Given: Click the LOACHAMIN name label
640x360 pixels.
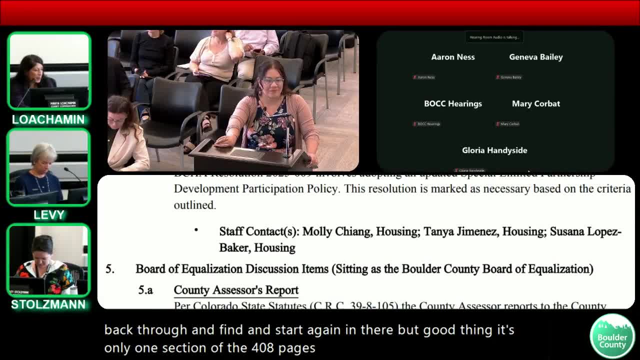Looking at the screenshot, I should [x=48, y=119].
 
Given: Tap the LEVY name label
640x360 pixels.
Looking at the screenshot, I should [x=49, y=215].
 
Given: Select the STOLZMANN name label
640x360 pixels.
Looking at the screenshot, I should [x=48, y=304].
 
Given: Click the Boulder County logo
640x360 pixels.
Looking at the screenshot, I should [x=612, y=336].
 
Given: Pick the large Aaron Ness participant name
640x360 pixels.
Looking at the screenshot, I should [x=453, y=57].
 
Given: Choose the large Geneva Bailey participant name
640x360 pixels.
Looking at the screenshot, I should [x=535, y=57].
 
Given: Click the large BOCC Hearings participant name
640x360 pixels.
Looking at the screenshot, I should [x=453, y=103].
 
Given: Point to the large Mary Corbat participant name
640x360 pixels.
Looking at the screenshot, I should [x=535, y=103].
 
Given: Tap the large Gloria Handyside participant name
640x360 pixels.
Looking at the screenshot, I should [x=494, y=150].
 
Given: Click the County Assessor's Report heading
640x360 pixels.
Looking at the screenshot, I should [x=236, y=290].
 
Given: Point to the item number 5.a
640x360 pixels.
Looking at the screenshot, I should [x=145, y=290].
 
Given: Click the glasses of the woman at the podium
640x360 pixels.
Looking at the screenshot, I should [x=273, y=80].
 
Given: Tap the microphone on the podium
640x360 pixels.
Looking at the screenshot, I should [x=287, y=135].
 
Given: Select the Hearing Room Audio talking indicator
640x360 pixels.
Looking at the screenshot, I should [x=494, y=37].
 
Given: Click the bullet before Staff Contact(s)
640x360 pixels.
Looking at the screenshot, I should [x=196, y=230].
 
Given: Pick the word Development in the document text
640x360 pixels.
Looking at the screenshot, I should [x=206, y=189].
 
